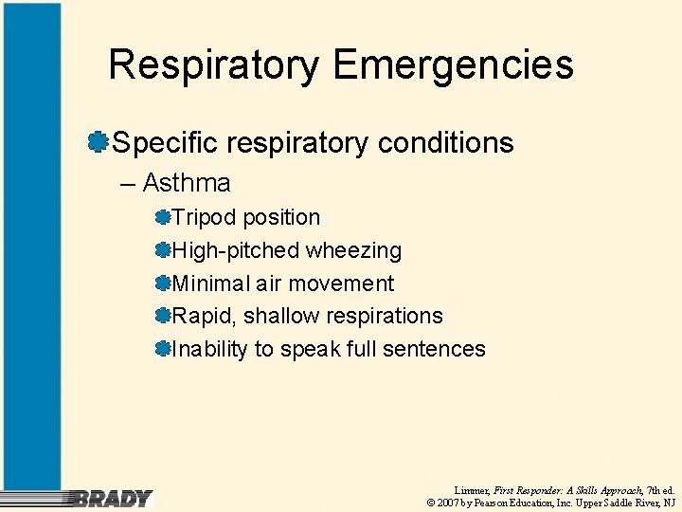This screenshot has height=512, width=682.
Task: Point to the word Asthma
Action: click(187, 182)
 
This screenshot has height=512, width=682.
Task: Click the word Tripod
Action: click(204, 218)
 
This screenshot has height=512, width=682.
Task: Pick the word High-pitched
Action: click(235, 251)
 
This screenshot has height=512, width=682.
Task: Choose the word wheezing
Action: click(352, 251)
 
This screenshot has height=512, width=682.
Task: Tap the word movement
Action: click(341, 283)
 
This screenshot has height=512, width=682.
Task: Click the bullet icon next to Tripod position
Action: click(163, 218)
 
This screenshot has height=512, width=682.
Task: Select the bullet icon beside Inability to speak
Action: click(163, 349)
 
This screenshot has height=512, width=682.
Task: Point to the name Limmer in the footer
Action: click(472, 489)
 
